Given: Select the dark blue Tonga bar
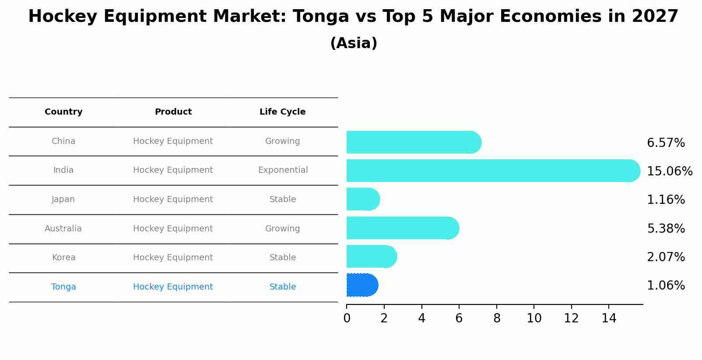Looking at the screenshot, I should pos(362,285).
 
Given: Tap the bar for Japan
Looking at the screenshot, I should pos(362,199).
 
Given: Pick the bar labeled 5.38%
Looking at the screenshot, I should pos(402,228).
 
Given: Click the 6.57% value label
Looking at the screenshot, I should pos(666,143).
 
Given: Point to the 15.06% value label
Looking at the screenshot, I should pos(670,171).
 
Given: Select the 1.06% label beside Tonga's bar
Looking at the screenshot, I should pos(666,286).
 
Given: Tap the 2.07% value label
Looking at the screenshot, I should pos(666,257).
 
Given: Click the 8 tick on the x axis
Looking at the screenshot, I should pos(497,318).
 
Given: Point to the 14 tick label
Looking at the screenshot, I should pos(609,318).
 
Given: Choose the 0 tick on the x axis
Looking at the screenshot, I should pos(347,318).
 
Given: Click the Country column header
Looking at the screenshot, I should pos(63,112).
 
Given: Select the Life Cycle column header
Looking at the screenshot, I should pos(282,112).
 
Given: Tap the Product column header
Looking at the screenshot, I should pos(173,112).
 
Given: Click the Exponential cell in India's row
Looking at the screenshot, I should pos(283,170).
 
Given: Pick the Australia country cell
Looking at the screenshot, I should pos(63,229).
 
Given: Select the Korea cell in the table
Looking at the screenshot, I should pos(63,258).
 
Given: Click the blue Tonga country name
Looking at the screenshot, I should pos(63,287).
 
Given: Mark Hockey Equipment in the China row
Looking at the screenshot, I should pos(173,141).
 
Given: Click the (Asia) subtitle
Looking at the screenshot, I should pos(354,43).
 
